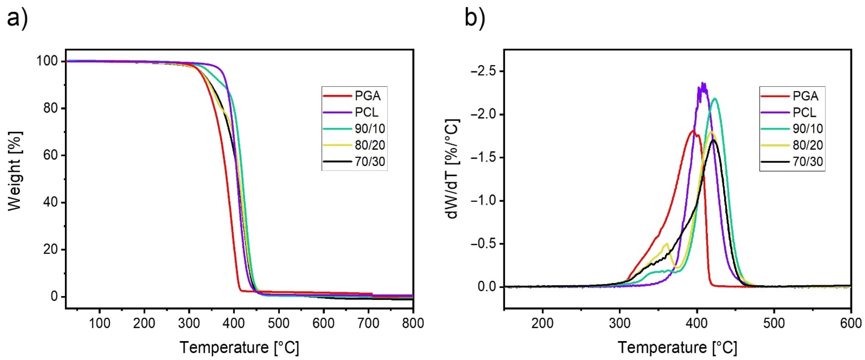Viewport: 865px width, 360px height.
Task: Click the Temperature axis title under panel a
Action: (239, 348)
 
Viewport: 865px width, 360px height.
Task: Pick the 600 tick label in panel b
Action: (850, 323)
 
